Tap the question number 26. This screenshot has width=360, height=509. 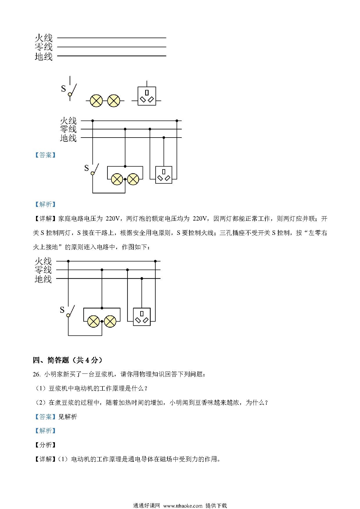[36, 374]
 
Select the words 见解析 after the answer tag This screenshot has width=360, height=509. [68, 417]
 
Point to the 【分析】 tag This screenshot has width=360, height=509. [45, 445]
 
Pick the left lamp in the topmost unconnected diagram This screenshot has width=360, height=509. [96, 101]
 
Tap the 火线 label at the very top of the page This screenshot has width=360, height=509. [44, 38]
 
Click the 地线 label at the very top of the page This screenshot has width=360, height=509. [44, 56]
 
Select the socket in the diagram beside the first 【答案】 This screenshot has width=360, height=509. [164, 175]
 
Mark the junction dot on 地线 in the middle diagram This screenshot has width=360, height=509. [164, 138]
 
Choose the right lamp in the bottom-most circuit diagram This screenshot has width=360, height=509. [110, 322]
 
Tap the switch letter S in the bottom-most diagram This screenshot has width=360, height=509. [62, 310]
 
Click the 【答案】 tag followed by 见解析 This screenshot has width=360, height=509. [45, 417]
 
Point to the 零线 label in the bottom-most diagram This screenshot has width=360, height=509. [43, 270]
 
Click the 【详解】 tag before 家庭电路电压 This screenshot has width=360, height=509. [45, 219]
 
